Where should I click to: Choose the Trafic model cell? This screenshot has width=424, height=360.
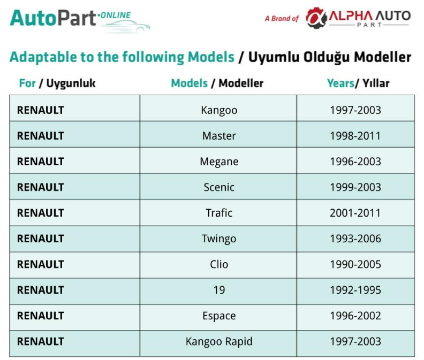click(219, 213)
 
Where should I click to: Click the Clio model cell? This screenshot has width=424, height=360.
click(219, 264)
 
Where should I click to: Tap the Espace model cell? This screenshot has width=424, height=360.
click(219, 316)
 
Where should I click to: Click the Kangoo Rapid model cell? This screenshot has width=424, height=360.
click(219, 342)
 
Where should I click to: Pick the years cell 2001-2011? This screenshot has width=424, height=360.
click(355, 213)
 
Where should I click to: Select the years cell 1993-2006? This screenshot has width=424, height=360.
click(355, 239)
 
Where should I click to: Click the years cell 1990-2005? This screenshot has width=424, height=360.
click(355, 264)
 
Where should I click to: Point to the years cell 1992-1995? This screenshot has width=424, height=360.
click(355, 290)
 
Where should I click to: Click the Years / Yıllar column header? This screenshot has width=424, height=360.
click(358, 83)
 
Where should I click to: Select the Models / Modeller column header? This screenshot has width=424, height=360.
click(217, 83)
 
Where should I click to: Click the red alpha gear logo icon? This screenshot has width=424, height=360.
click(316, 18)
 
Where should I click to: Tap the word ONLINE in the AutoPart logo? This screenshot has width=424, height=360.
click(116, 15)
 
